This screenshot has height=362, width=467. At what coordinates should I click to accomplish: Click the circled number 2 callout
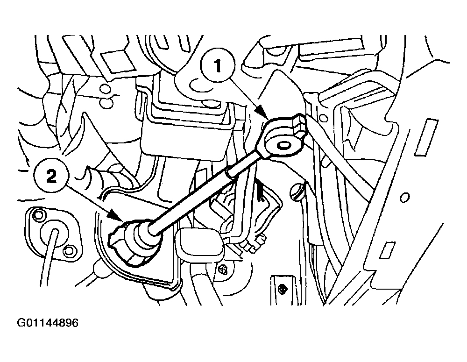(51, 177)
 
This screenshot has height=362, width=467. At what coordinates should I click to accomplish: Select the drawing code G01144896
(48, 323)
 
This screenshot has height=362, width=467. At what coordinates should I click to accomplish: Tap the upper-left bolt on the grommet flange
(37, 215)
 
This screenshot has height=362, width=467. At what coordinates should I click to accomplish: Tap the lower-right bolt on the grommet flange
(69, 250)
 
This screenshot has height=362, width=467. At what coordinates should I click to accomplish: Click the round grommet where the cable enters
(53, 234)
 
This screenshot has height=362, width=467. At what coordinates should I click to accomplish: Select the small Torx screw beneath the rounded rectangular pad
(222, 270)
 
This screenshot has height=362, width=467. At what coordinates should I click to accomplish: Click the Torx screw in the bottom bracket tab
(282, 288)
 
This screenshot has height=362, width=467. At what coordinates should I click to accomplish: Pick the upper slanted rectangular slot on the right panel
(426, 137)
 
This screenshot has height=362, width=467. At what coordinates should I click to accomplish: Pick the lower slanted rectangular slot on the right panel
(388, 250)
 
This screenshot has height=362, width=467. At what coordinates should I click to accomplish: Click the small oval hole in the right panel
(404, 197)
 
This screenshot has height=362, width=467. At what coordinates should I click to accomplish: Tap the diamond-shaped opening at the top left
(115, 62)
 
